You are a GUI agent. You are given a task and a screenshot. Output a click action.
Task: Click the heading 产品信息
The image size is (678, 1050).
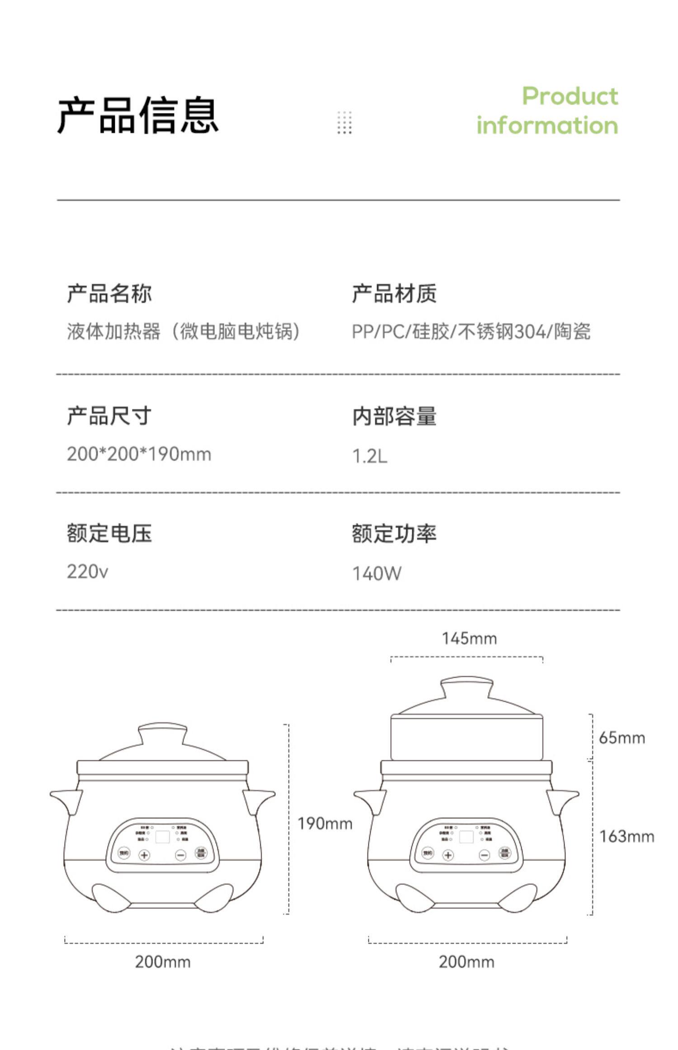(x=138, y=115)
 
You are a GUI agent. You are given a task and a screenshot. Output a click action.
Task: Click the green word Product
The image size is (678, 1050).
(x=570, y=96)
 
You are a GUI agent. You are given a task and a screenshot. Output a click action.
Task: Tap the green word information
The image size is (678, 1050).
(x=547, y=125)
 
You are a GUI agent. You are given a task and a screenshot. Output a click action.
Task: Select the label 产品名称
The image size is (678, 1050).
(x=109, y=293)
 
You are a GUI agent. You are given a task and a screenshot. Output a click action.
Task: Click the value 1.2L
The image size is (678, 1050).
(x=370, y=456)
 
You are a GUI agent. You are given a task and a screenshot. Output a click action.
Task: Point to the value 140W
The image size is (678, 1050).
(x=377, y=573)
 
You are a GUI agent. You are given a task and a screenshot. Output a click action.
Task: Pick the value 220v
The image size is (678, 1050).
(x=87, y=572)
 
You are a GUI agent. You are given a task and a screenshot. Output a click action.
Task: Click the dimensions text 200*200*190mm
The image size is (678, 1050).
(x=139, y=454)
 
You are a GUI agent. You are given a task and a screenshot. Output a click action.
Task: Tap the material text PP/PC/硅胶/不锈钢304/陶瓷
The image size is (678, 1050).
(x=471, y=331)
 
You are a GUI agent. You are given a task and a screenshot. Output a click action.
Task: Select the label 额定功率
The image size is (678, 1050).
(x=394, y=534)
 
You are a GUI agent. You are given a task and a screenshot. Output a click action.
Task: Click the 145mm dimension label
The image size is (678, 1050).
(x=469, y=639)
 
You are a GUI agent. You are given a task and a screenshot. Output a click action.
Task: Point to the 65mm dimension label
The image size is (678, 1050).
(x=621, y=738)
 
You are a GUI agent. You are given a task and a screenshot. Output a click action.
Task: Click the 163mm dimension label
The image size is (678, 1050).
(x=626, y=837)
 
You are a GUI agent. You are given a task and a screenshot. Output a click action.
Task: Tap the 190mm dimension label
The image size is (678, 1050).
(x=325, y=823)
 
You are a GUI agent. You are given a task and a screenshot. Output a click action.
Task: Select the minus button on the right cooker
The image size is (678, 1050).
(x=485, y=855)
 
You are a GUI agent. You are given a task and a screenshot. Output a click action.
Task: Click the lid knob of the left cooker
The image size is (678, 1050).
(x=162, y=733)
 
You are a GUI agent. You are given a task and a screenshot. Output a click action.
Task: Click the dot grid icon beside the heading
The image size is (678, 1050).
(x=344, y=123)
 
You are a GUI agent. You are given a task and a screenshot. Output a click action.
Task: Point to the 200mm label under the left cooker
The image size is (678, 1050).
(x=163, y=962)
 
